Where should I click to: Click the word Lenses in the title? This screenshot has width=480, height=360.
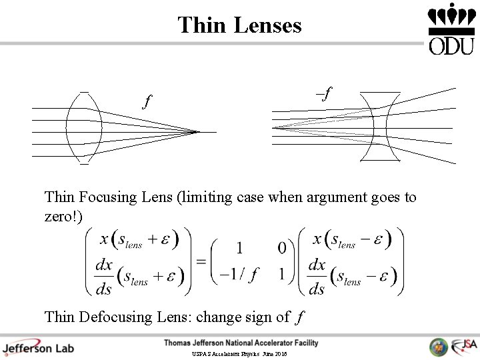267,25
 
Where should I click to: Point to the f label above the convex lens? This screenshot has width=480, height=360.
147,102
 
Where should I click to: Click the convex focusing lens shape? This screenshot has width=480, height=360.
85,127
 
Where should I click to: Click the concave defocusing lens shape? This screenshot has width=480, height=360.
380,127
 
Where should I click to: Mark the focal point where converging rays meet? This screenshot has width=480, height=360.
198,132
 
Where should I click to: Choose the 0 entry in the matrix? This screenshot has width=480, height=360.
282,248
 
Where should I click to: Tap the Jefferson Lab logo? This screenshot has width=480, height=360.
38,347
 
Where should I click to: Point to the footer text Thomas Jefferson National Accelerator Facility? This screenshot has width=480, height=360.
241,343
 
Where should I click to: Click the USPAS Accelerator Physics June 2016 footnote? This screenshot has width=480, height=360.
239,354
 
